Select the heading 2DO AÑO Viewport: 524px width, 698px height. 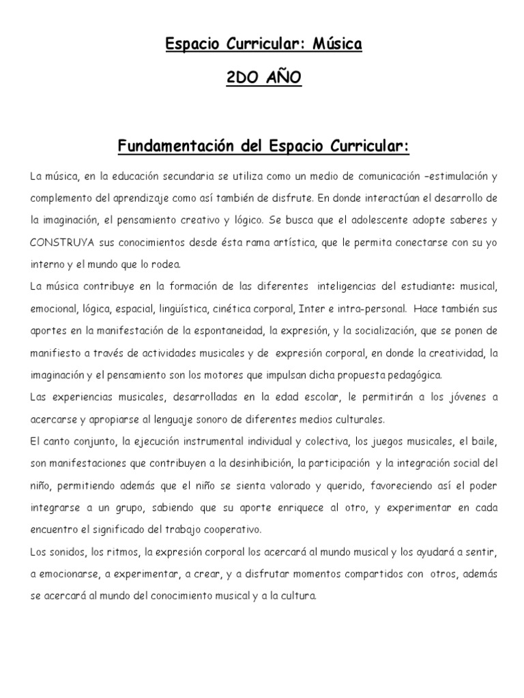click(263, 79)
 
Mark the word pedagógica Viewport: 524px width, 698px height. click(413, 374)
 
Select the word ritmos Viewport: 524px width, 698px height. click(110, 551)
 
